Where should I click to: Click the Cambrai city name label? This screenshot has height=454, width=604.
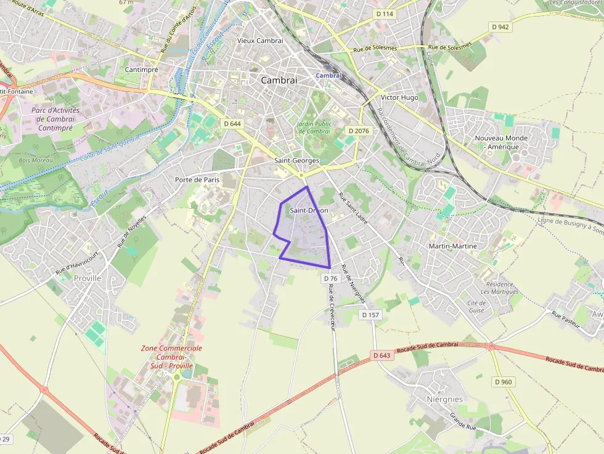click(279, 80)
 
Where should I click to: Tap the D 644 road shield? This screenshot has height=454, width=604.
click(232, 123)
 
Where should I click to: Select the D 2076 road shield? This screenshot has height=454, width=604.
click(358, 131)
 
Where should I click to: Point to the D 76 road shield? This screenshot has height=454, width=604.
click(329, 278)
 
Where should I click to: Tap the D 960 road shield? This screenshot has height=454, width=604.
click(503, 382)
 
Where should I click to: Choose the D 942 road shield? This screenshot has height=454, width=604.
click(500, 26)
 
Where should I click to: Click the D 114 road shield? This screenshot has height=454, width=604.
click(384, 14)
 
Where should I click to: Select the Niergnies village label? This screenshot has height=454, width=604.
click(444, 399)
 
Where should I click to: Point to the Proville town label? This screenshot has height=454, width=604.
click(86, 278)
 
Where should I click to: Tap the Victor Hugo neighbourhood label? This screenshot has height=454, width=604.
click(399, 97)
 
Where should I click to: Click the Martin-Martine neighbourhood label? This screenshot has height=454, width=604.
click(452, 246)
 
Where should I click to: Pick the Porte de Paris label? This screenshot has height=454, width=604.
click(197, 180)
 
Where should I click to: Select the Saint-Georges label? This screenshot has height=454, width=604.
click(296, 160)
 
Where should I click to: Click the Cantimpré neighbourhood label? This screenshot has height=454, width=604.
click(142, 70)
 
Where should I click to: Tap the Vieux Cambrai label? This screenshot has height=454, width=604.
click(260, 41)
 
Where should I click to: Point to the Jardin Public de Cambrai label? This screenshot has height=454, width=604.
click(314, 128)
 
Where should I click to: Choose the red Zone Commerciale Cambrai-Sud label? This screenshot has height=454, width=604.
click(171, 357)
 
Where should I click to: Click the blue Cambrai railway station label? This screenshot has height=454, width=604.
click(329, 75)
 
